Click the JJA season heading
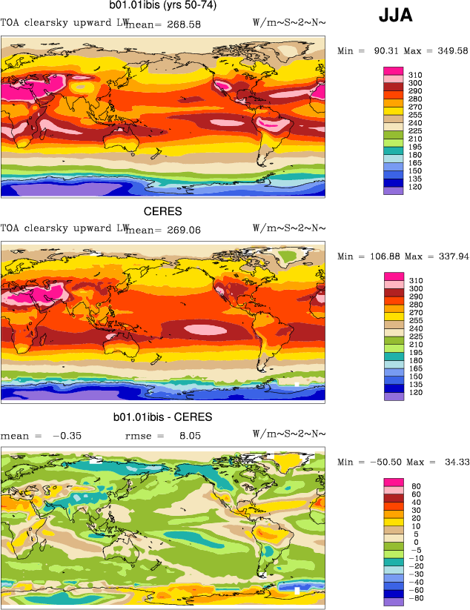click(x=397, y=14)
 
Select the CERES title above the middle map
click(x=162, y=211)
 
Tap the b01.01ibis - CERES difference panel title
click(x=162, y=417)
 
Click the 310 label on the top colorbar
click(x=414, y=76)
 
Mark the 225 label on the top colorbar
click(x=414, y=130)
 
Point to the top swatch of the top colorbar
click(x=393, y=70)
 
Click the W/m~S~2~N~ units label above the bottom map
click(x=289, y=434)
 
